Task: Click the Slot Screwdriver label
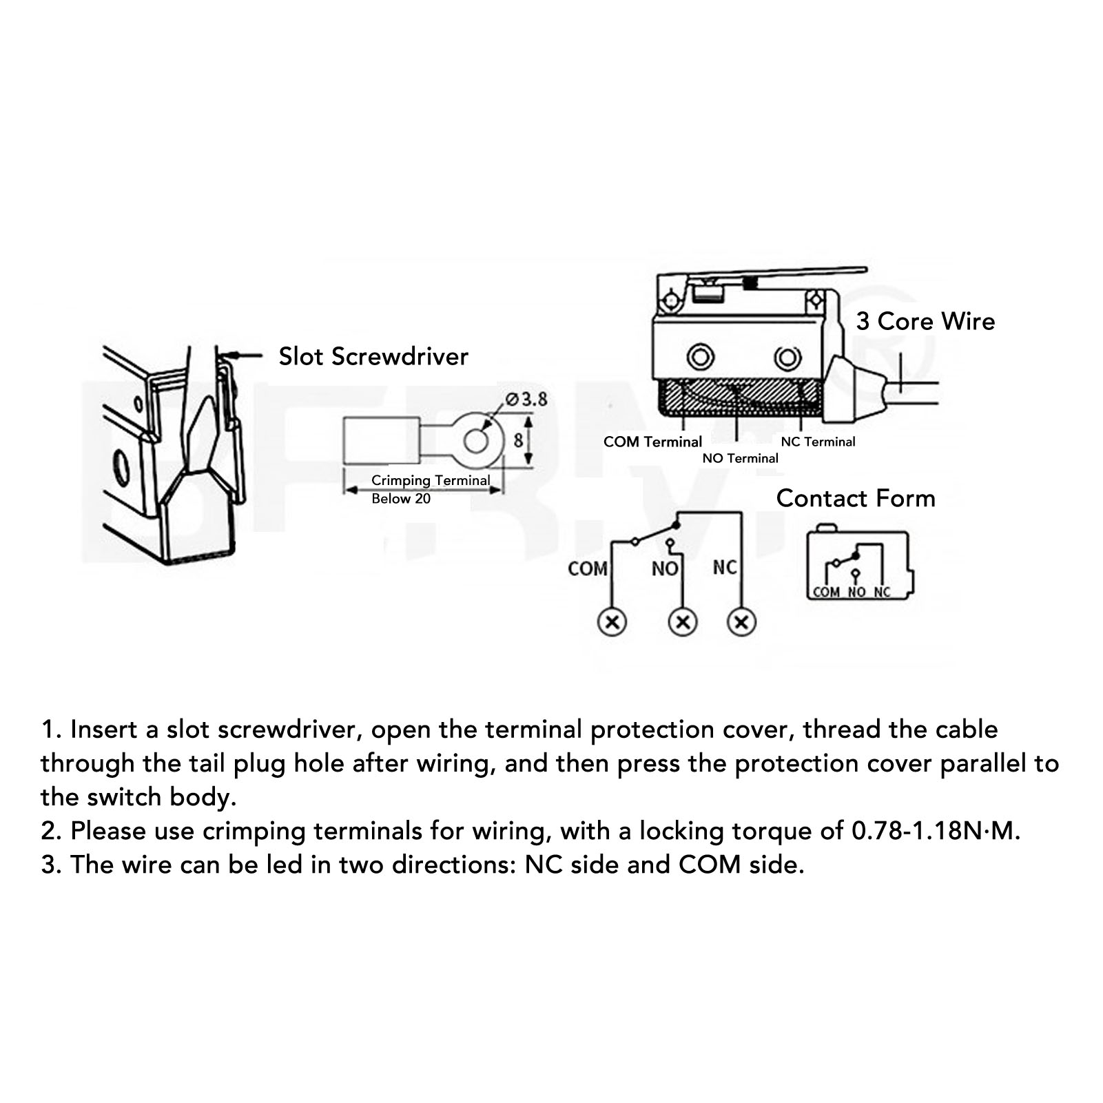(x=373, y=356)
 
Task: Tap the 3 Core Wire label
(x=925, y=321)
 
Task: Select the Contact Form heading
(x=856, y=498)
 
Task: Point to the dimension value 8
(x=518, y=440)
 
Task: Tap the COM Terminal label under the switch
(x=652, y=442)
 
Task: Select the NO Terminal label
(x=740, y=458)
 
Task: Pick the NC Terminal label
(x=818, y=442)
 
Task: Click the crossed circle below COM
(x=612, y=622)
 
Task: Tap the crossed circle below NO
(x=683, y=622)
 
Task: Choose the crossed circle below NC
(x=741, y=622)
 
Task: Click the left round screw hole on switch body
(x=701, y=358)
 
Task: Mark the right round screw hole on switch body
(x=787, y=358)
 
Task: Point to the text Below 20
(x=401, y=499)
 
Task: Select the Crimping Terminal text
(x=431, y=481)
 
